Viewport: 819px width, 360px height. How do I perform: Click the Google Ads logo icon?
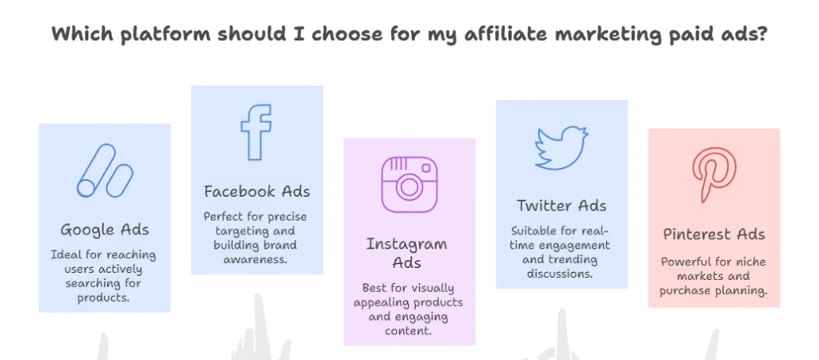(x=105, y=171)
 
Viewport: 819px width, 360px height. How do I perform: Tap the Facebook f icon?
(x=256, y=132)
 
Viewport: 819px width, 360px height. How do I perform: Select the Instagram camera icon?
(x=409, y=185)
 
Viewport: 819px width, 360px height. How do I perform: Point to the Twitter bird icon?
(x=561, y=148)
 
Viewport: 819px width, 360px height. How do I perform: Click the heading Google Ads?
(x=105, y=230)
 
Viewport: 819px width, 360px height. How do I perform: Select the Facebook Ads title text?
(x=257, y=191)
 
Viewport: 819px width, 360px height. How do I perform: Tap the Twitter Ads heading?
(x=561, y=206)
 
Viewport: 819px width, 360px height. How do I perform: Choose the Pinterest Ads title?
(x=714, y=234)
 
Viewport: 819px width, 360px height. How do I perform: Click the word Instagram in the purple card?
(x=406, y=245)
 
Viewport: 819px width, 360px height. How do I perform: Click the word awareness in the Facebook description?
(x=256, y=258)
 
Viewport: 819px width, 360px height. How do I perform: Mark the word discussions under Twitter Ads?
(x=560, y=274)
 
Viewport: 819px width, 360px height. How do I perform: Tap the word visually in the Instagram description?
(x=421, y=289)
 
